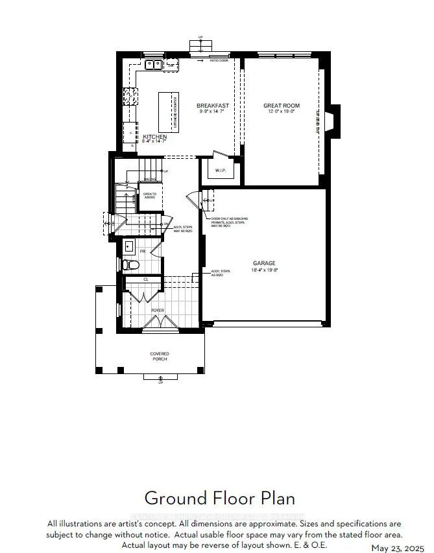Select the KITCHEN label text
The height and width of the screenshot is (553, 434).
coord(155,137)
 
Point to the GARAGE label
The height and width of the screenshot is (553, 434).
coord(264,263)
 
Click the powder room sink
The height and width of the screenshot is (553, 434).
coord(128,246)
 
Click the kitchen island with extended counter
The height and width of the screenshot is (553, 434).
coord(169,111)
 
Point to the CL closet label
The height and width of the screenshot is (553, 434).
coord(146,279)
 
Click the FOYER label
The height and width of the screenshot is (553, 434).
coord(158,311)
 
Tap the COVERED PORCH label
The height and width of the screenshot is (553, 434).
coord(160,357)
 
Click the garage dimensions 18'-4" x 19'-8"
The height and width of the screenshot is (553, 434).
coord(264,270)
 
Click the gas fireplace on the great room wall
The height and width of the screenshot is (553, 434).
coord(332,121)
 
